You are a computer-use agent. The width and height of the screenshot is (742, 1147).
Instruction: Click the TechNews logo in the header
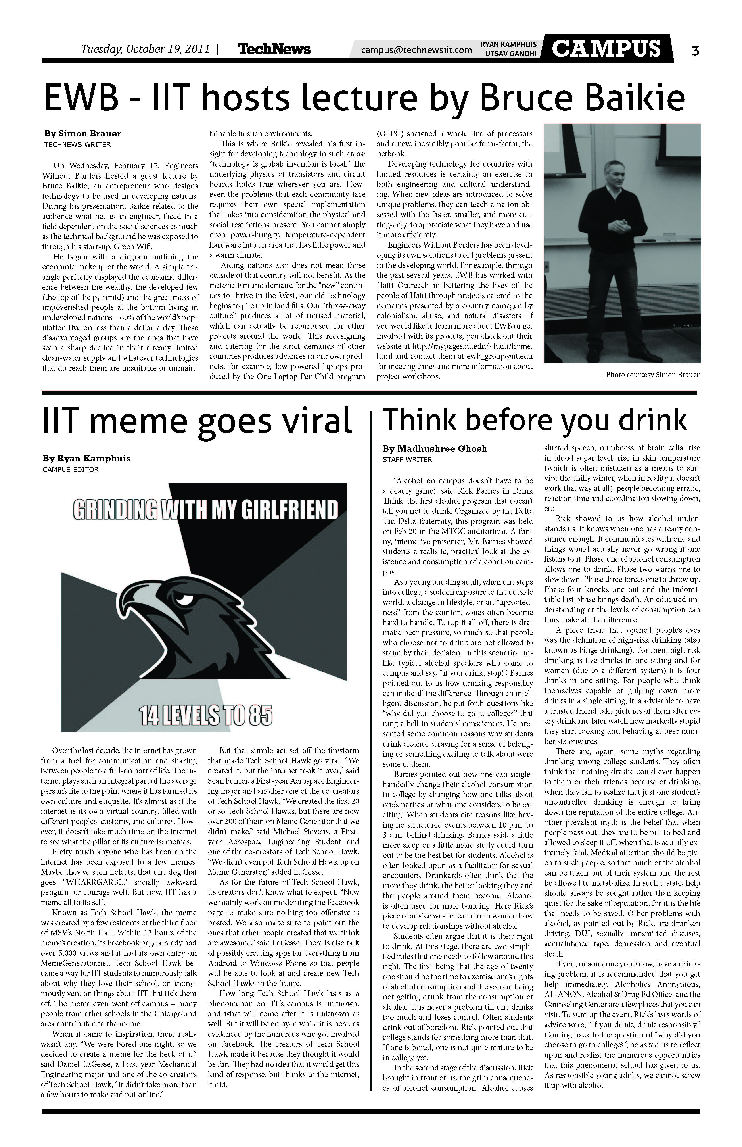tap(274, 49)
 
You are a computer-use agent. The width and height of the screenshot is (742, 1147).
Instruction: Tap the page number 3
tap(695, 50)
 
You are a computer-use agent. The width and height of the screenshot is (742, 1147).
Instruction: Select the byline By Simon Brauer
tap(83, 133)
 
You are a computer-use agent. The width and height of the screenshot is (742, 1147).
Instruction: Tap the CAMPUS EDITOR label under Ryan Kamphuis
tap(71, 469)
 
